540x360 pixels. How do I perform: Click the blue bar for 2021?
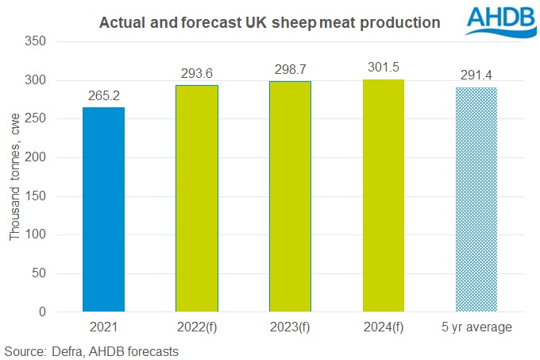pyautogui.click(x=103, y=210)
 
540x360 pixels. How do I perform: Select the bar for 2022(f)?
pyautogui.click(x=197, y=199)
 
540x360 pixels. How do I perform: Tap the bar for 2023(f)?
pyautogui.click(x=290, y=196)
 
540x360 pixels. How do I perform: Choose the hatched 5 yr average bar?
pyautogui.click(x=476, y=199)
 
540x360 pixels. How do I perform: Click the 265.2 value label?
pyautogui.click(x=103, y=97)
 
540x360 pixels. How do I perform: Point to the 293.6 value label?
pyautogui.click(x=197, y=75)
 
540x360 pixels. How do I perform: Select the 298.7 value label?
pyautogui.click(x=290, y=71)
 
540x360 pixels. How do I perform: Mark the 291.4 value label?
pyautogui.click(x=476, y=76)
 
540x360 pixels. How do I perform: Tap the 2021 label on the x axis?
pyautogui.click(x=103, y=327)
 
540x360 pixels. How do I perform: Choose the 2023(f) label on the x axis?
pyautogui.click(x=290, y=327)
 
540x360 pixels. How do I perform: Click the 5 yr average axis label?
pyautogui.click(x=476, y=327)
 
